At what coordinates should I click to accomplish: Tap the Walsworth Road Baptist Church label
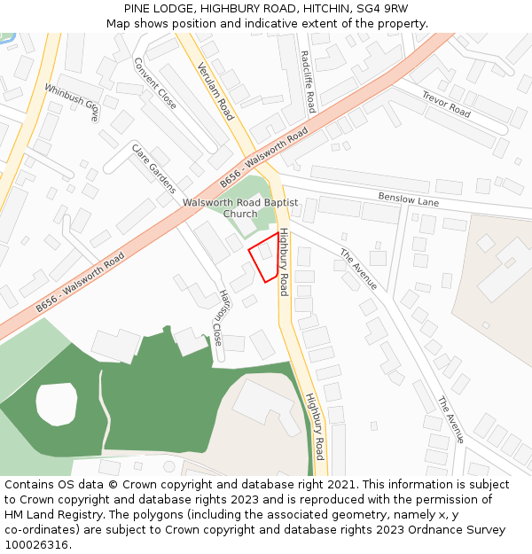tap(240, 207)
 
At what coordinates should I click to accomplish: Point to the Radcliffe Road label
tap(308, 82)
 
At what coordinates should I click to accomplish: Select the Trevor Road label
tap(446, 105)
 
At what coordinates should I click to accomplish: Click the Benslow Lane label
tap(409, 200)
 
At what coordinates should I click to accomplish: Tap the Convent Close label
tap(155, 83)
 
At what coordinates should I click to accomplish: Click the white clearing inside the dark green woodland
tap(57, 402)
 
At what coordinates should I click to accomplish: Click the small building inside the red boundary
tap(265, 252)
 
